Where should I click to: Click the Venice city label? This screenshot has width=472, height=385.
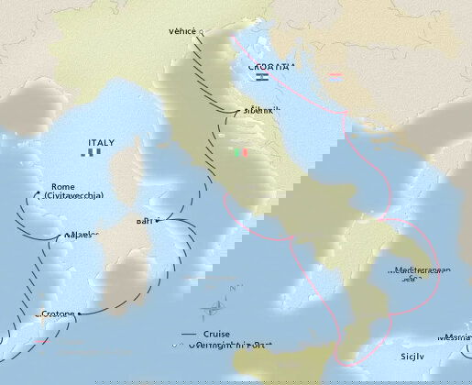182,31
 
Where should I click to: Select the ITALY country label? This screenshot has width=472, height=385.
101,143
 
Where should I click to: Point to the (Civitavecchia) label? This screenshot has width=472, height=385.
72,196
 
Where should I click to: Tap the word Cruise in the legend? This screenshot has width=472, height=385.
217,334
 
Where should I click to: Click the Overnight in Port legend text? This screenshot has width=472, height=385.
229,345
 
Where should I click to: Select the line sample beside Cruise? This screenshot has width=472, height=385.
188,334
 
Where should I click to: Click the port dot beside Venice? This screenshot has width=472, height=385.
200,30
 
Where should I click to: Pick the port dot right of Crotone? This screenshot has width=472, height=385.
79,313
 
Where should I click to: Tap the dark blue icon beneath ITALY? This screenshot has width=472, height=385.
92,153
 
